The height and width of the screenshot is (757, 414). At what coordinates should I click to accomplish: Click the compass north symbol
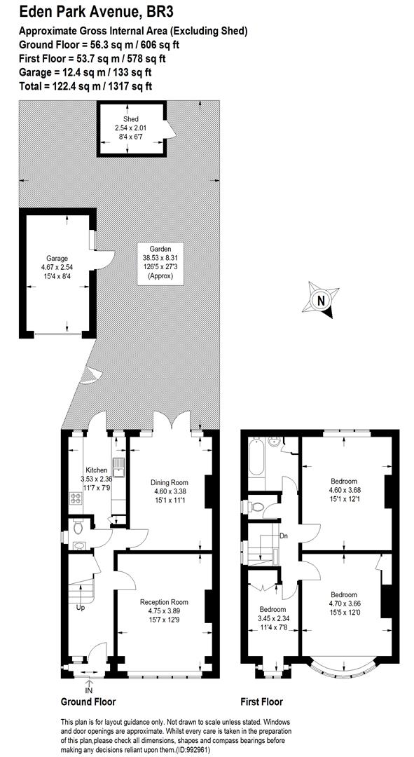point(319,301)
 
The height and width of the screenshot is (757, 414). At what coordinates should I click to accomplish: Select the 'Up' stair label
point(81,607)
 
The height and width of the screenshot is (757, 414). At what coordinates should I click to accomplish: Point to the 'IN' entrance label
point(89,690)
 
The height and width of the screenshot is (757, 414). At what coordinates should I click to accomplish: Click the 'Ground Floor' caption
point(88,702)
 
